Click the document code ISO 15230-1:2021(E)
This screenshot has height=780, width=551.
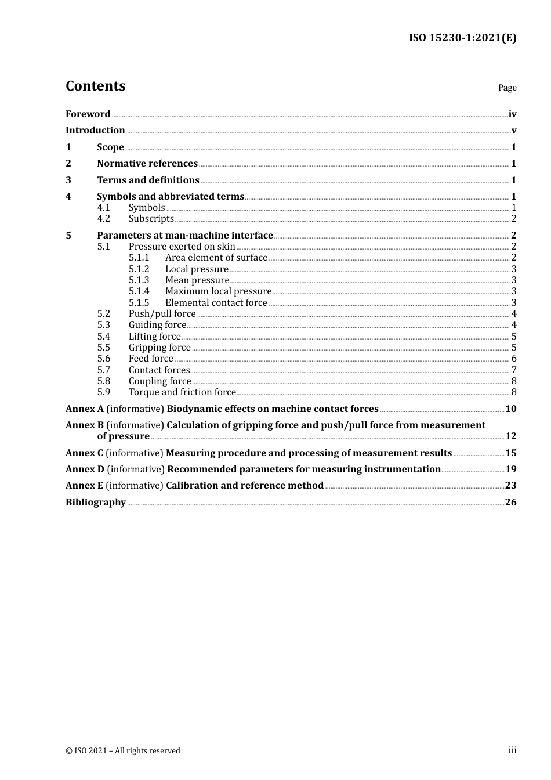(462, 38)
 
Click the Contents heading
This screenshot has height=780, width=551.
(95, 86)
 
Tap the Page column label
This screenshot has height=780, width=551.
(507, 88)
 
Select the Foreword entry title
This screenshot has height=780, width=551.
(88, 114)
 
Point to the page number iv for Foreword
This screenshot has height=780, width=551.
(512, 114)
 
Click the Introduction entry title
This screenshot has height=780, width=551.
(95, 131)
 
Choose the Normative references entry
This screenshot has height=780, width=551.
(147, 164)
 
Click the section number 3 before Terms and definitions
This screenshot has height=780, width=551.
(68, 180)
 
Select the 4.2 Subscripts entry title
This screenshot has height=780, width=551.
(151, 219)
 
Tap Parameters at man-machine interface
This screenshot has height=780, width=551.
(184, 236)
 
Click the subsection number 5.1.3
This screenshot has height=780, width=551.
(139, 280)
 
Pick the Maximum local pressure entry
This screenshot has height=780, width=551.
(218, 291)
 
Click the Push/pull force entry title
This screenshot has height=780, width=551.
(162, 314)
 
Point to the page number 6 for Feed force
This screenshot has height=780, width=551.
(513, 359)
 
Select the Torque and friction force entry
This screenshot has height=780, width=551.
(182, 392)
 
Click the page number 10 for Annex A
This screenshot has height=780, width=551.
(510, 409)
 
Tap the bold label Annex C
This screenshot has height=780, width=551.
(84, 453)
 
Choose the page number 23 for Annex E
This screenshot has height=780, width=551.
(510, 486)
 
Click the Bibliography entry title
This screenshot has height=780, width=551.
(96, 503)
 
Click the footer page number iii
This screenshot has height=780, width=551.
(512, 750)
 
